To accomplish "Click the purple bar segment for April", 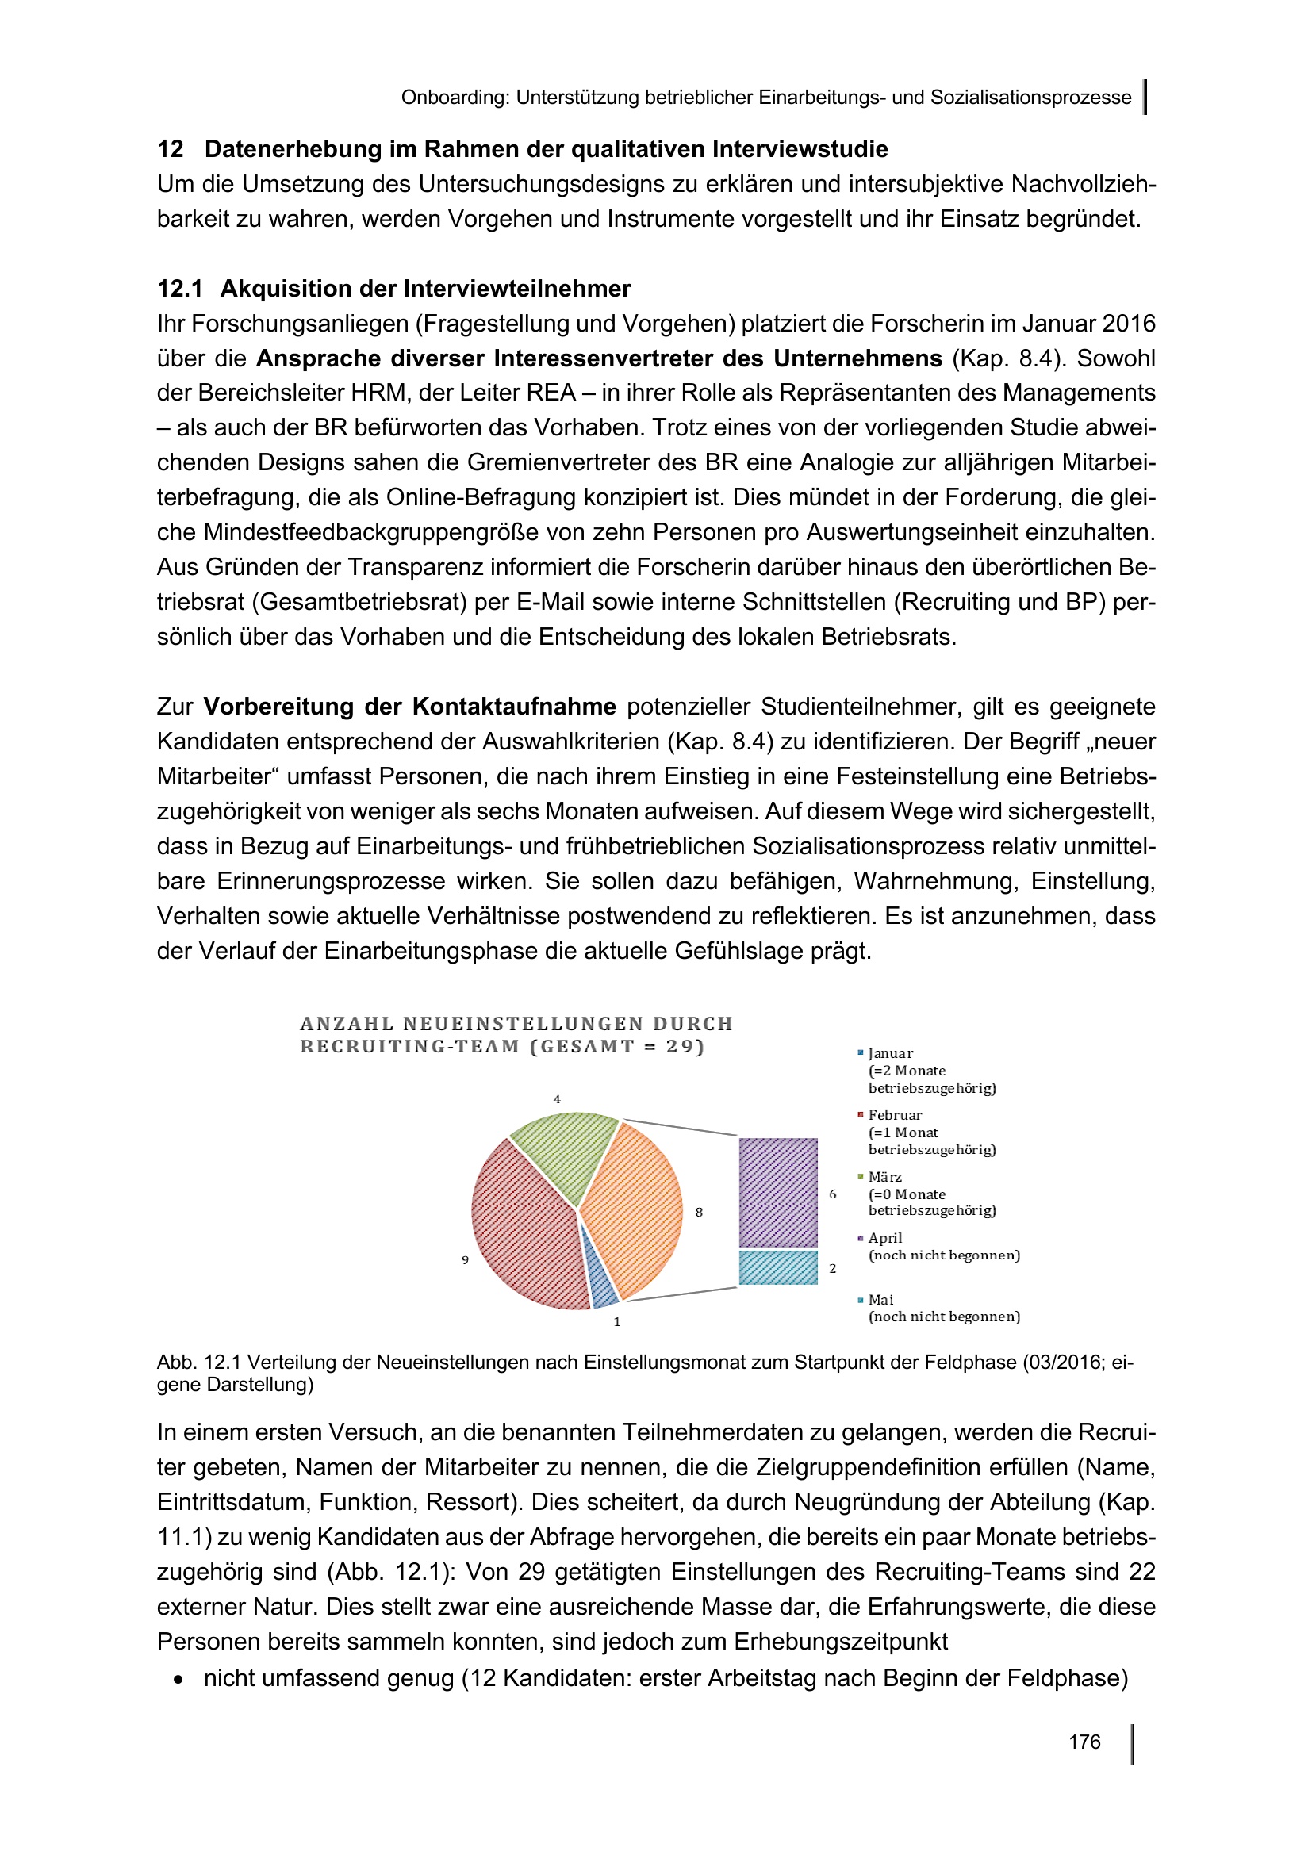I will pyautogui.click(x=778, y=1192).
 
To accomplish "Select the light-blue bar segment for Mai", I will pyautogui.click(x=778, y=1267).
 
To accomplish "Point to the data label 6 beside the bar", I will pyautogui.click(x=833, y=1194).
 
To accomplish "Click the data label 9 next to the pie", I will pyautogui.click(x=466, y=1259).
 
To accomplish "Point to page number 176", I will pyautogui.click(x=1084, y=1742).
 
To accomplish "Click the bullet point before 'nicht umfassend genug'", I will pyautogui.click(x=178, y=1679).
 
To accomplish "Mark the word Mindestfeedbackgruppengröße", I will pyautogui.click(x=377, y=532).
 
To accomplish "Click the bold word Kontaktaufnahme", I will pyautogui.click(x=515, y=707).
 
